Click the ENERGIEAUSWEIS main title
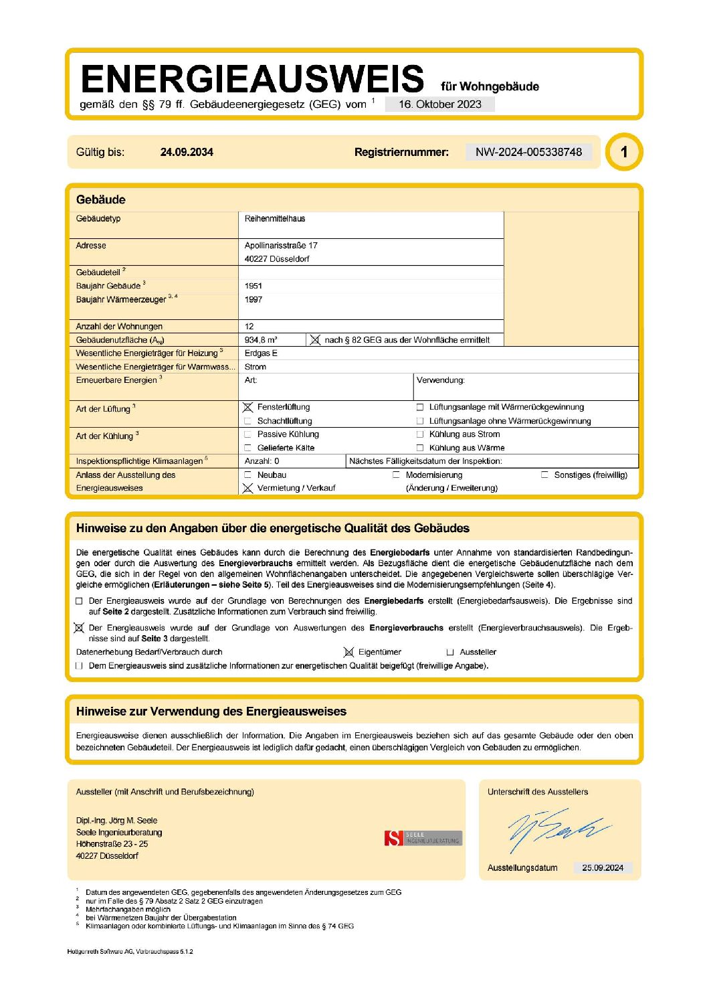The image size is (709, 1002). click(x=252, y=79)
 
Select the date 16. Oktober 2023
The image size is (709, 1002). click(x=439, y=104)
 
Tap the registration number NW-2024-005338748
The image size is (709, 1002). click(x=528, y=152)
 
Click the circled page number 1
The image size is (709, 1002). click(x=623, y=152)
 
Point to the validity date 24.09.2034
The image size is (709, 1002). click(x=187, y=152)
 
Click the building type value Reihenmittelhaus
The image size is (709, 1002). click(x=275, y=219)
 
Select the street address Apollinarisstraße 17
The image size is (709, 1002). click(x=281, y=246)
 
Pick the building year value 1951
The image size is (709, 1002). click(x=254, y=286)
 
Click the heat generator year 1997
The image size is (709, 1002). click(x=254, y=299)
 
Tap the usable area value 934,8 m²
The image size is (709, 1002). click(x=261, y=340)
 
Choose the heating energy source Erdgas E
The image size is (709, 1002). click(x=261, y=353)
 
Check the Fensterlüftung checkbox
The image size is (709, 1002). click(x=248, y=407)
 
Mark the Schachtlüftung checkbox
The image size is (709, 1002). click(x=248, y=421)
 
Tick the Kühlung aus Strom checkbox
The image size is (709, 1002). click(x=420, y=434)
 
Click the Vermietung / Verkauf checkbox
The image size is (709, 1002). click(x=248, y=488)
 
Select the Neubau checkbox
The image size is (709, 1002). click(x=248, y=475)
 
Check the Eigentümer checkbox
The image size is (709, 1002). click(x=348, y=652)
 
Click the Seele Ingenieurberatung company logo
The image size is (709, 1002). click(x=423, y=838)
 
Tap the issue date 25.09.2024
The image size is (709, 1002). click(x=602, y=867)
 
